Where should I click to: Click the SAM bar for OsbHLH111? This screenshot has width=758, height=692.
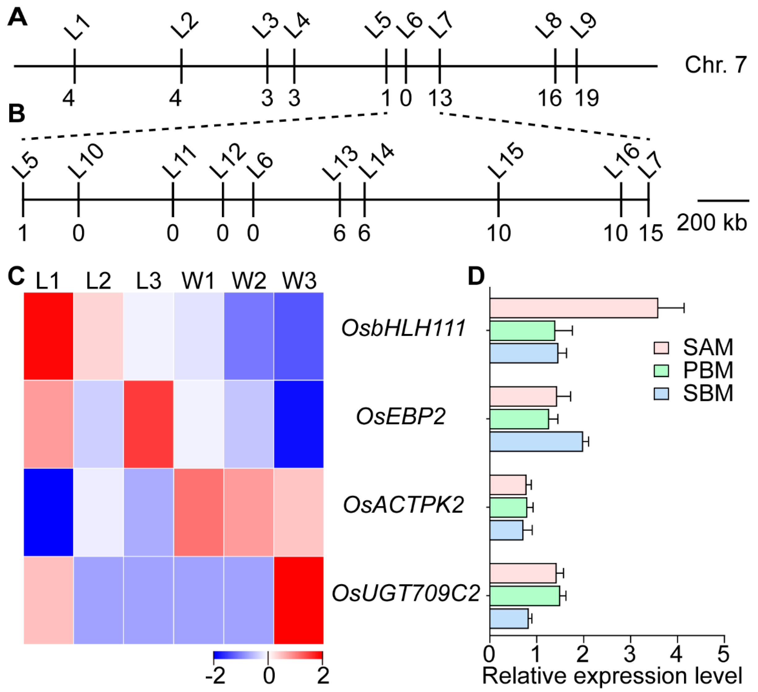tap(574, 308)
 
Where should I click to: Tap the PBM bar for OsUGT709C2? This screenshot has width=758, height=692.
tap(525, 596)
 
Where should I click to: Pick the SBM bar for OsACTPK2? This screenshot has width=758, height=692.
tap(506, 530)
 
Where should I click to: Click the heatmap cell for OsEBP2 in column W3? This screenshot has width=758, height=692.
tap(299, 424)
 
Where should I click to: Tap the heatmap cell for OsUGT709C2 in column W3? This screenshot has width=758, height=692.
tap(299, 600)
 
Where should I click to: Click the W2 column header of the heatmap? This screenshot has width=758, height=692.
tap(249, 280)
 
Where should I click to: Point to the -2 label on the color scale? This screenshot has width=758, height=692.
tap(215, 676)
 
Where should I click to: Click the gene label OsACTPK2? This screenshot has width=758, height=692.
tap(403, 505)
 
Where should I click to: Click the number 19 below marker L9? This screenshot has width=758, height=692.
tap(587, 99)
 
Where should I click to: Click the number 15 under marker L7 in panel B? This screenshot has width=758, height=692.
tap(651, 233)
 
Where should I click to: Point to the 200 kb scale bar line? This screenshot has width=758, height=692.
tap(723, 200)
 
